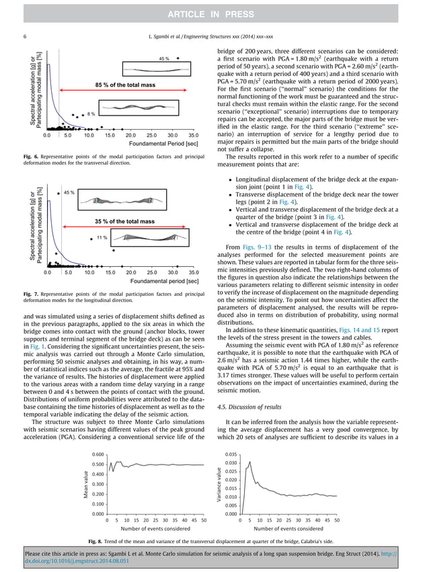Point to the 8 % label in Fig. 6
91,114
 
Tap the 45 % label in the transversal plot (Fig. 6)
163,59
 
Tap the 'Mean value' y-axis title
85,484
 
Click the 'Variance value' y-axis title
218,484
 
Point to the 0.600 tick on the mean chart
98,454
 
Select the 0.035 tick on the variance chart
230,454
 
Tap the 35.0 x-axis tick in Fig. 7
193,273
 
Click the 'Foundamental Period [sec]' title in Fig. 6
164,144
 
